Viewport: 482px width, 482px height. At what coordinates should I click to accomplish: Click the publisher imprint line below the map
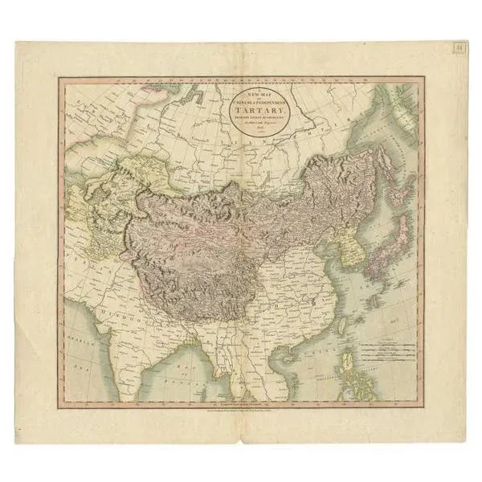[x=241, y=394]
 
